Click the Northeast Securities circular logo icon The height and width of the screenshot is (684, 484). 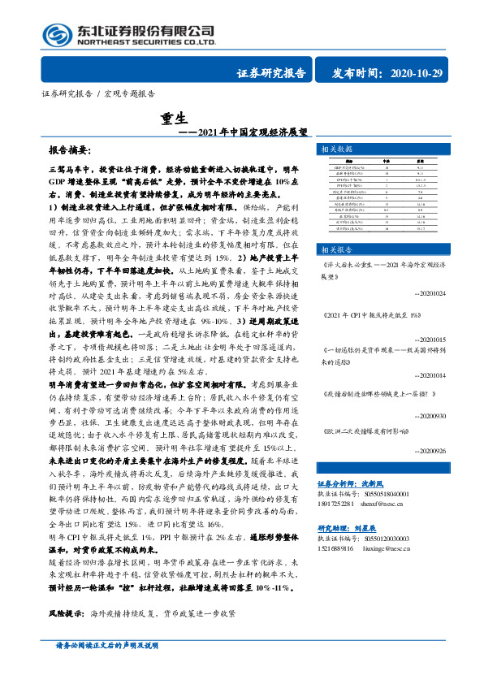point(58,33)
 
